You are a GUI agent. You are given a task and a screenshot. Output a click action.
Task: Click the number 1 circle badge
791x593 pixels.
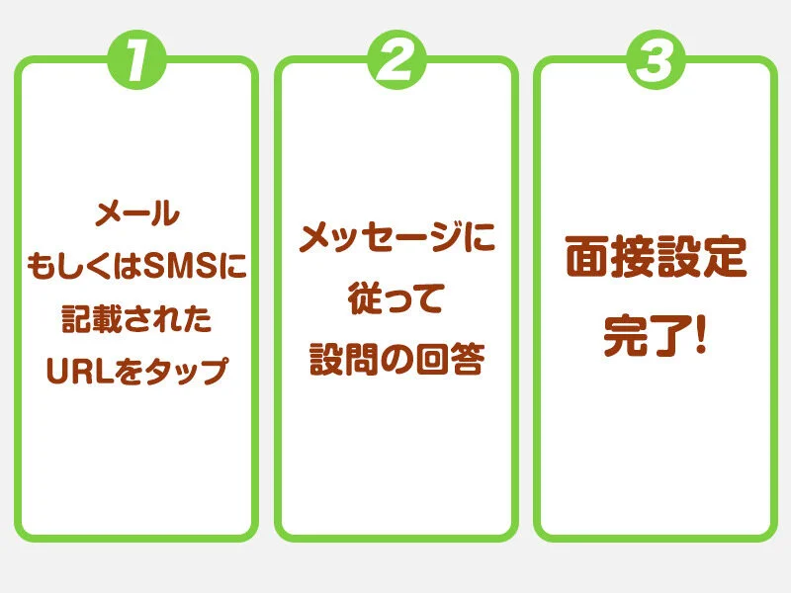pos(136,60)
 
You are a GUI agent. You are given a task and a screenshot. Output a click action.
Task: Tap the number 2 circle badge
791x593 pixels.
pos(396,60)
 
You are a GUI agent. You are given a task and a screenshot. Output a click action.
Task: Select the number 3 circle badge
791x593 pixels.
pos(656,60)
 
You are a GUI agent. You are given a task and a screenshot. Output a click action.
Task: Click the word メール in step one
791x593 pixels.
pos(137,213)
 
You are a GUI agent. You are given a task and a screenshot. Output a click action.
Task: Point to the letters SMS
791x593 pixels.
pos(180,266)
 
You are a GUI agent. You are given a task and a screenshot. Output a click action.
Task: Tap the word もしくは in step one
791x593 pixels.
pos(84,266)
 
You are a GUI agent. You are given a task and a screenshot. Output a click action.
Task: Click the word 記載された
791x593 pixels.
pos(136,318)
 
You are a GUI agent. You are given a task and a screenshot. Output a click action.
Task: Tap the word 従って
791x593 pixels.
pos(396,298)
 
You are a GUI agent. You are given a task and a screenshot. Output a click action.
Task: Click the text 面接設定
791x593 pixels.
pos(656,257)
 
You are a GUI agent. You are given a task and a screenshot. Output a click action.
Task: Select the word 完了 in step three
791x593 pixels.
pos(648,336)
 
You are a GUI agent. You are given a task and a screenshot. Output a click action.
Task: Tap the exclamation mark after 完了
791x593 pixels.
pos(700,335)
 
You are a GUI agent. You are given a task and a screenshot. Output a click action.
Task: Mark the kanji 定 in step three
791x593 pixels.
pos(725,257)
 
